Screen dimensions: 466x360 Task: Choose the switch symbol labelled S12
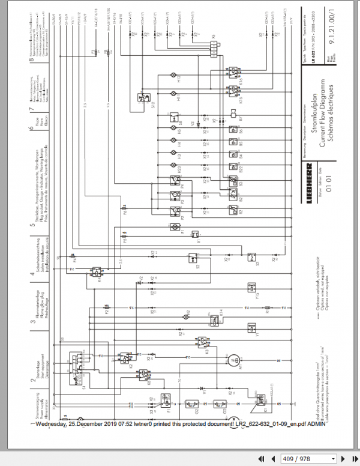click(144, 96)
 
